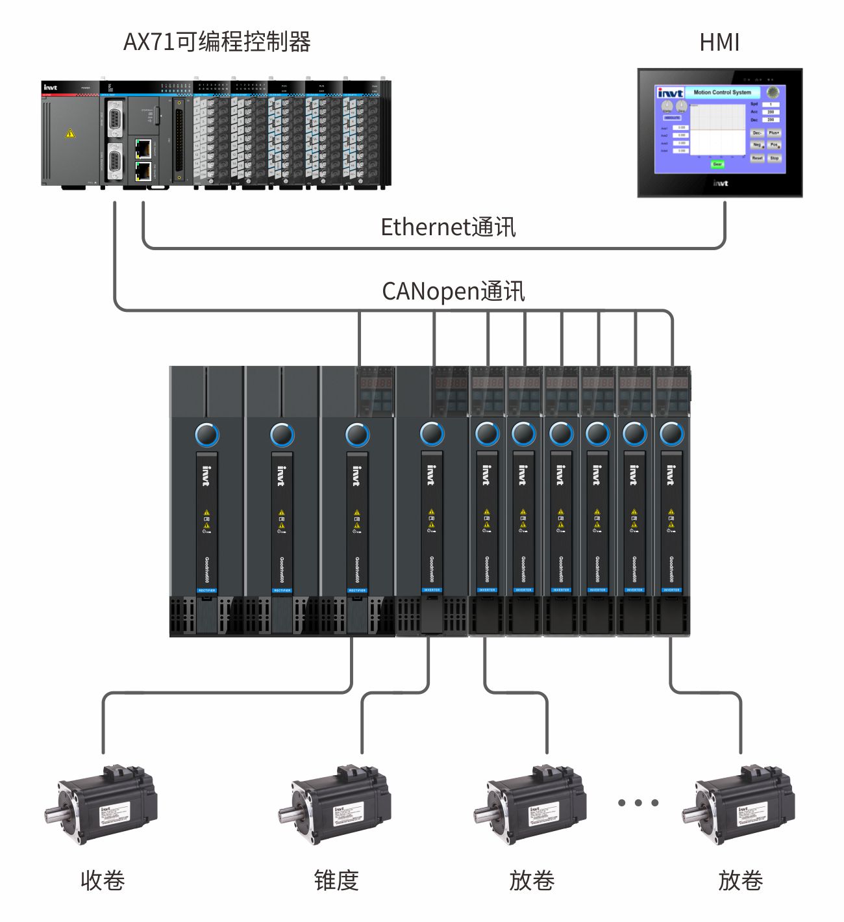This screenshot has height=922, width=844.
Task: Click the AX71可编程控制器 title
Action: pyautogui.click(x=217, y=42)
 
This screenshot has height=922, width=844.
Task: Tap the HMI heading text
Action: pyautogui.click(x=719, y=43)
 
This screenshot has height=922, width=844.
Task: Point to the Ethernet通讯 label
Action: pyautogui.click(x=448, y=227)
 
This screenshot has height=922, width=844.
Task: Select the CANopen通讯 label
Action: pyautogui.click(x=453, y=291)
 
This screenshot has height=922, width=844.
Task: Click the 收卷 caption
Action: pyautogui.click(x=103, y=880)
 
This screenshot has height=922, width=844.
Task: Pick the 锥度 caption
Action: pyautogui.click(x=336, y=880)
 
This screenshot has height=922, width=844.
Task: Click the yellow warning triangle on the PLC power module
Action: pyautogui.click(x=70, y=134)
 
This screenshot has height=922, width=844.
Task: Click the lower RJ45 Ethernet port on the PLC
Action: pyautogui.click(x=143, y=172)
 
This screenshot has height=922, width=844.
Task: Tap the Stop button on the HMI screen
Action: pyautogui.click(x=775, y=158)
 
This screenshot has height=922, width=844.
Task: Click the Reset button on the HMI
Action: pyautogui.click(x=757, y=158)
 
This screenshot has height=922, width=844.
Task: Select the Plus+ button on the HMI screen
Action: pyautogui.click(x=774, y=133)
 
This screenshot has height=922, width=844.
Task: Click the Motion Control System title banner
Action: pyautogui.click(x=722, y=92)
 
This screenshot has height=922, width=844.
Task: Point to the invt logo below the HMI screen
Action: pyautogui.click(x=720, y=183)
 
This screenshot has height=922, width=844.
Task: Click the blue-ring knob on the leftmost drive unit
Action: pyautogui.click(x=207, y=435)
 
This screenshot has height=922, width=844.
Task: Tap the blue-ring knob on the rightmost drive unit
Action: pyautogui.click(x=671, y=434)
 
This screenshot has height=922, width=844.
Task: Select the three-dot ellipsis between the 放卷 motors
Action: pyautogui.click(x=638, y=803)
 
